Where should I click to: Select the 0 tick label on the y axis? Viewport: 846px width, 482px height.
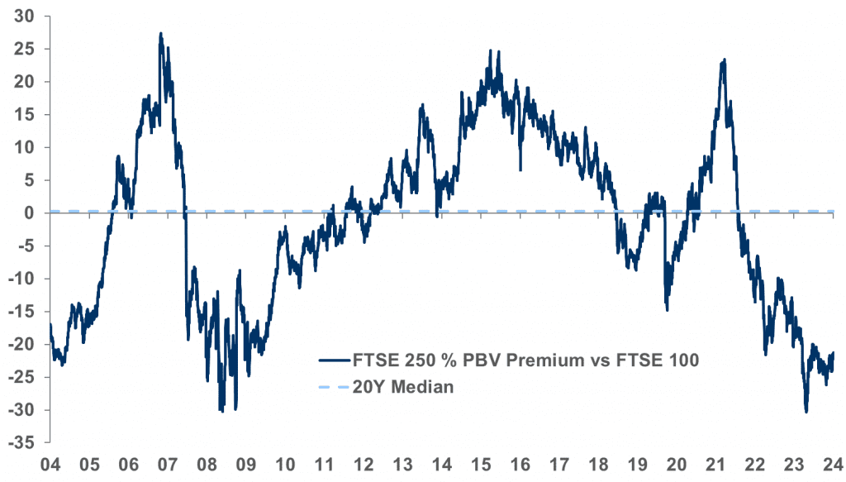point(28,212)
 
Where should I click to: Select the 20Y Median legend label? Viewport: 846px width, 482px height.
point(403,386)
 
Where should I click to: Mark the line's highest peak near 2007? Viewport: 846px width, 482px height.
point(160,34)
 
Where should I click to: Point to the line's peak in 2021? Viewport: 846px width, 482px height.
point(725,60)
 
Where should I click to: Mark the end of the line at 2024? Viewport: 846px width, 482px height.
point(833,353)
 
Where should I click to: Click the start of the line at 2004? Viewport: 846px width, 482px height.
point(50,324)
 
